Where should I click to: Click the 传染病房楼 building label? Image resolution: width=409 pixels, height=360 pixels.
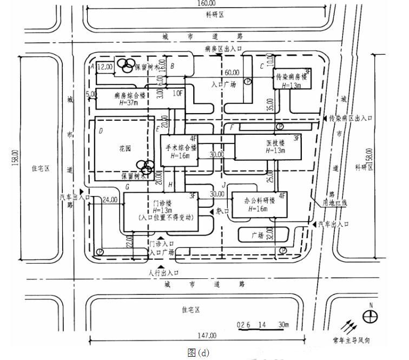pyautogui.click(x=292, y=77)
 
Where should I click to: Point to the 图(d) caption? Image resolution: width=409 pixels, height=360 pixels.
pyautogui.click(x=198, y=352)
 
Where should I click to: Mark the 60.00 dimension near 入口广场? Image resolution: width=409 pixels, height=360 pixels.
pyautogui.click(x=232, y=72)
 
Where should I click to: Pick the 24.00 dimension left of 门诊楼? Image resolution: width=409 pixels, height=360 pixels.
pyautogui.click(x=110, y=200)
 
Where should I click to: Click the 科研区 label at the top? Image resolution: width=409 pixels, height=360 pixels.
pyautogui.click(x=215, y=15)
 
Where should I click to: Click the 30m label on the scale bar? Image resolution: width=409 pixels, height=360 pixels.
pyautogui.click(x=283, y=324)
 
